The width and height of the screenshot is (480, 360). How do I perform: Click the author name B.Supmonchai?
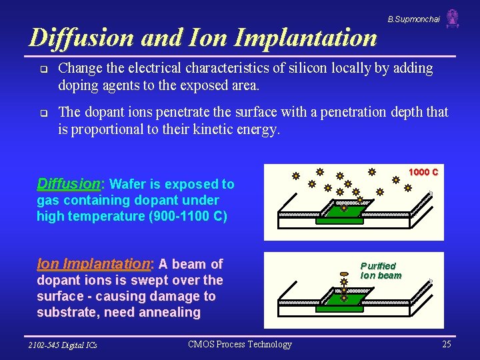(413, 19)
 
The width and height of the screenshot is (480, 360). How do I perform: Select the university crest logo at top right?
(453, 18)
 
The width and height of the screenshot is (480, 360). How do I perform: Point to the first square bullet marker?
(43, 69)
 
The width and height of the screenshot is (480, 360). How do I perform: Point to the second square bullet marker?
(43, 113)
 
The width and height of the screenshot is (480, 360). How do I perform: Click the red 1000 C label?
(423, 173)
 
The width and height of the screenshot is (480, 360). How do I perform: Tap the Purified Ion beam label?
(381, 270)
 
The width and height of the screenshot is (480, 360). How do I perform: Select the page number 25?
(446, 344)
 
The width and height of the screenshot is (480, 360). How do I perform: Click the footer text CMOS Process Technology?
(240, 344)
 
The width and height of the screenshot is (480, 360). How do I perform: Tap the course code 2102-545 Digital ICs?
(62, 345)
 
